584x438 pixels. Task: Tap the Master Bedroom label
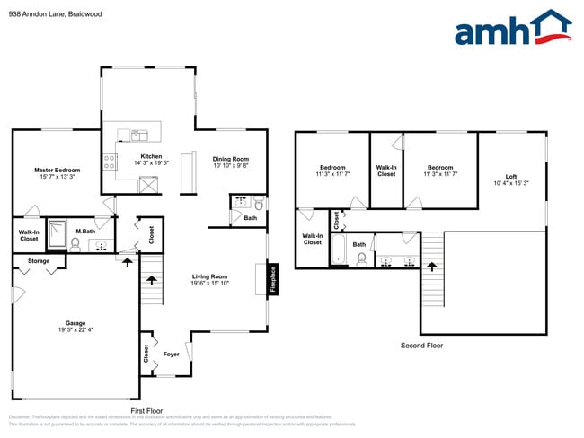[58, 170]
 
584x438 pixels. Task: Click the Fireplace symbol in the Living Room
[272, 278]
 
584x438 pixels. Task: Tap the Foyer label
[171, 354]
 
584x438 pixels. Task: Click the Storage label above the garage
[39, 261]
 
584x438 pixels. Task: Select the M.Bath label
[86, 232]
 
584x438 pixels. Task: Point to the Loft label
[511, 176]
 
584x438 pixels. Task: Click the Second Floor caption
[422, 345]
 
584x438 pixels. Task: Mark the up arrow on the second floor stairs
[431, 267]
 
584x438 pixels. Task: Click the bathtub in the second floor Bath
[340, 249]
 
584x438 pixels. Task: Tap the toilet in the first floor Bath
[257, 203]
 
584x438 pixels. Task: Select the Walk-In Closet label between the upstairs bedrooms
[386, 171]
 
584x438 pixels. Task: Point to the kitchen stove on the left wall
[110, 162]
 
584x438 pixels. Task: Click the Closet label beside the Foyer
[146, 354]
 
